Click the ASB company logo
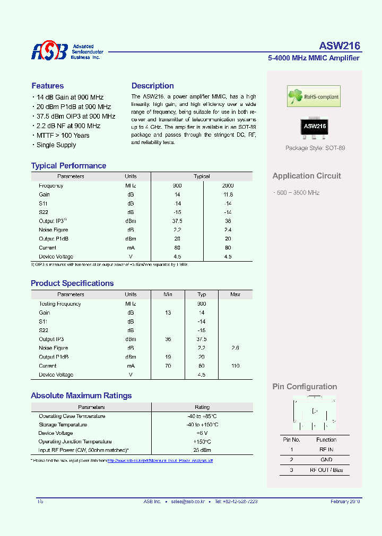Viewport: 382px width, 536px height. [49, 51]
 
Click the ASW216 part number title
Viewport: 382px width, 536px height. [340, 46]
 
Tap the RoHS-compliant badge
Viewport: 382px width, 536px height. [314, 97]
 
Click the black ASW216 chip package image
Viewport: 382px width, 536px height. [315, 126]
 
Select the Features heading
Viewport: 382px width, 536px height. [47, 86]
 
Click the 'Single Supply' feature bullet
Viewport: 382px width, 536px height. [56, 145]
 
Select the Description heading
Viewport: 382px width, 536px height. [152, 86]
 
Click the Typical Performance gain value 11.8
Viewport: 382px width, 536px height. [228, 194]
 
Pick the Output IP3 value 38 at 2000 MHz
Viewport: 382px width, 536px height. [228, 221]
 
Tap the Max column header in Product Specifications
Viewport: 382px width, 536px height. [235, 294]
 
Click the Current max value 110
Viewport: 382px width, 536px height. [235, 365]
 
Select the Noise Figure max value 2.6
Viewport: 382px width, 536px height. [235, 348]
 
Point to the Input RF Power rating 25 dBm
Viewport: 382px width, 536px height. [202, 450]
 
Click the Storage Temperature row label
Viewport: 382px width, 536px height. [63, 425]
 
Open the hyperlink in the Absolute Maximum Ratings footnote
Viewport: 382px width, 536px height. [160, 461]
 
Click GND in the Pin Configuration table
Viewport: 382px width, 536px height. [326, 460]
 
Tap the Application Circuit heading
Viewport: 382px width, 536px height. [307, 176]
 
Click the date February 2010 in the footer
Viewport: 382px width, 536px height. [345, 501]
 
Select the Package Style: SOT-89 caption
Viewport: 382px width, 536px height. [315, 148]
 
